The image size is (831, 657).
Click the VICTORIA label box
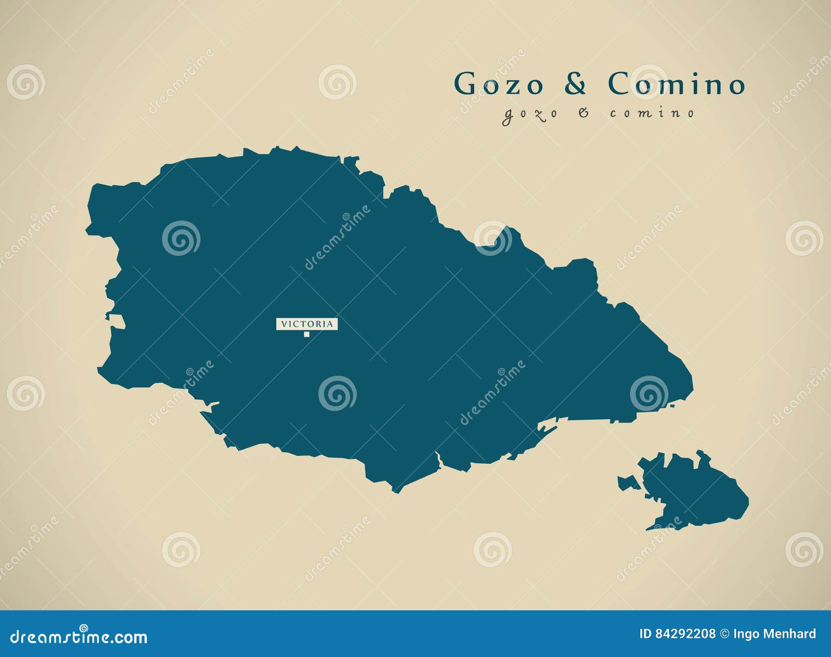pyautogui.click(x=307, y=324)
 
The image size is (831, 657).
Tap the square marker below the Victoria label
pyautogui.click(x=307, y=334)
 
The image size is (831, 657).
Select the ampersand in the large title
pyautogui.click(x=575, y=84)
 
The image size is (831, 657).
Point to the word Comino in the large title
pyautogui.click(x=677, y=84)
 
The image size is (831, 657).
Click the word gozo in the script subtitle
pyautogui.click(x=529, y=114)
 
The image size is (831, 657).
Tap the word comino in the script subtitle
pyautogui.click(x=652, y=113)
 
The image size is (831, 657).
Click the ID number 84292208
pyautogui.click(x=685, y=634)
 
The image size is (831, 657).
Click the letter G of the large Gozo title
pyautogui.click(x=465, y=84)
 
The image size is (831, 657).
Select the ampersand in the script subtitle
pyautogui.click(x=584, y=113)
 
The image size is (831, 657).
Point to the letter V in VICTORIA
pyautogui.click(x=284, y=324)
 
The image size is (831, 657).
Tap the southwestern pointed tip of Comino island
pyautogui.click(x=648, y=529)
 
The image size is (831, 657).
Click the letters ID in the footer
pyautogui.click(x=644, y=634)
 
